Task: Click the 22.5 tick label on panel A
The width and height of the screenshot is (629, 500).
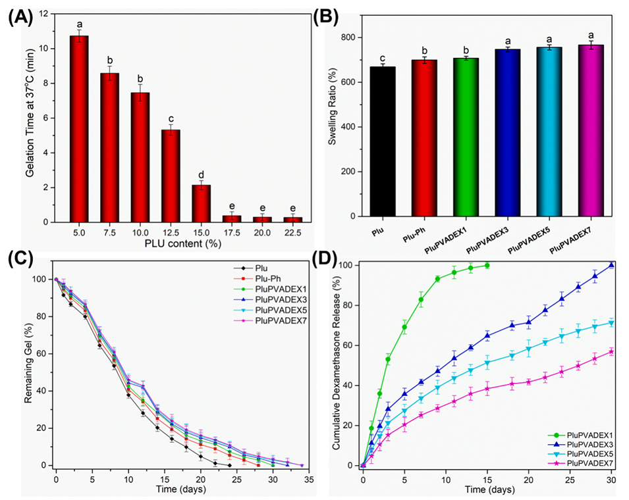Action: coord(298,233)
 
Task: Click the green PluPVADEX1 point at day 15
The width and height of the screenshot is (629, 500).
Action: coord(487,265)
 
